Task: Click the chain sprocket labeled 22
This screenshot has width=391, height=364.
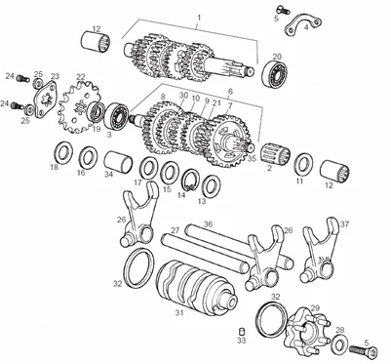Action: point(78,107)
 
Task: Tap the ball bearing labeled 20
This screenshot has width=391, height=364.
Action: point(276,74)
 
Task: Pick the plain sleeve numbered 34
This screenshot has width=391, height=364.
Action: point(118,161)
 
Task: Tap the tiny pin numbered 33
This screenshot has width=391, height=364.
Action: point(241,331)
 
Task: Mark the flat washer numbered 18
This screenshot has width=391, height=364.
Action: point(62,152)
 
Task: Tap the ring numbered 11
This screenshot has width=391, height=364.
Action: point(304,164)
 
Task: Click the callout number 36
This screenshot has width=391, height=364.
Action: point(208,224)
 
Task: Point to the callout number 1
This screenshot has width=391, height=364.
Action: point(199,17)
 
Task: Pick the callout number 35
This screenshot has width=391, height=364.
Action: point(252,159)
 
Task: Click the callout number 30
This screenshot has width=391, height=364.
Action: point(183,95)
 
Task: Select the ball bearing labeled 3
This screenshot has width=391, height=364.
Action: point(117,117)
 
